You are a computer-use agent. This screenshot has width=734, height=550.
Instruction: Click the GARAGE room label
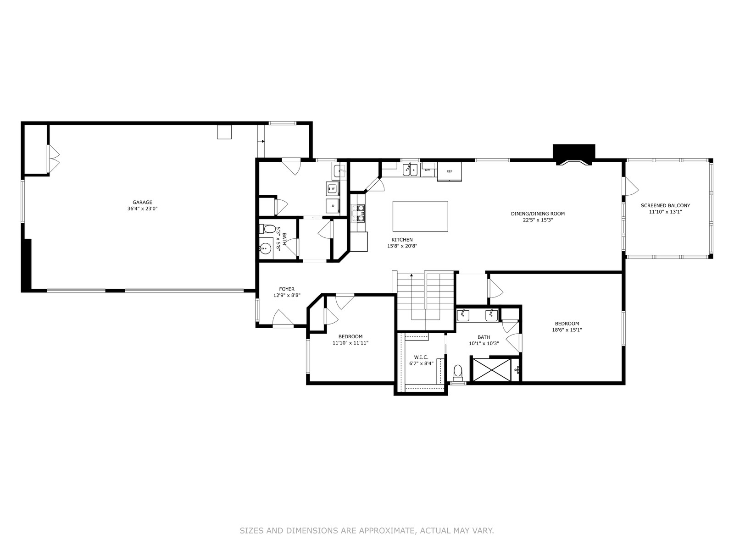[142, 202]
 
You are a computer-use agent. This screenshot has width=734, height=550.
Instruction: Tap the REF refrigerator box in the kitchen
[449, 171]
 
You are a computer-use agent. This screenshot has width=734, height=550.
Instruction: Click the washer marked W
[333, 189]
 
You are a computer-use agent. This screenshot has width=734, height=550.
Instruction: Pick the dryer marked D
[333, 206]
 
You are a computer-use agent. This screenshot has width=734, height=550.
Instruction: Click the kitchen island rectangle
[420, 216]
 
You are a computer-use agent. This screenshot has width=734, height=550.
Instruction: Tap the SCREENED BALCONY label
[665, 206]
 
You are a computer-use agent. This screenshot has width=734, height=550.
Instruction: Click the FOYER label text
[287, 289]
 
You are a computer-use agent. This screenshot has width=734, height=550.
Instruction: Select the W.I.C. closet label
[421, 357]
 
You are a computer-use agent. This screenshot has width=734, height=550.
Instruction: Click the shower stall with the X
[491, 370]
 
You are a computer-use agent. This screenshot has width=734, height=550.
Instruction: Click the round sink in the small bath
[266, 248]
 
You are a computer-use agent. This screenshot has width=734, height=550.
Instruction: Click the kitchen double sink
[410, 170]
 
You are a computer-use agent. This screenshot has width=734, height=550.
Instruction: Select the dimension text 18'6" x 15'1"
[567, 330]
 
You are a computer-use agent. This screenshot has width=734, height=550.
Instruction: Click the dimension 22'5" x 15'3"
[538, 220]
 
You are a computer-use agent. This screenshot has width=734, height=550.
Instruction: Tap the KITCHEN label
[402, 240]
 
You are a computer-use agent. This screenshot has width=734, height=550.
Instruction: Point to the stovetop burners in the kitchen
[358, 214]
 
